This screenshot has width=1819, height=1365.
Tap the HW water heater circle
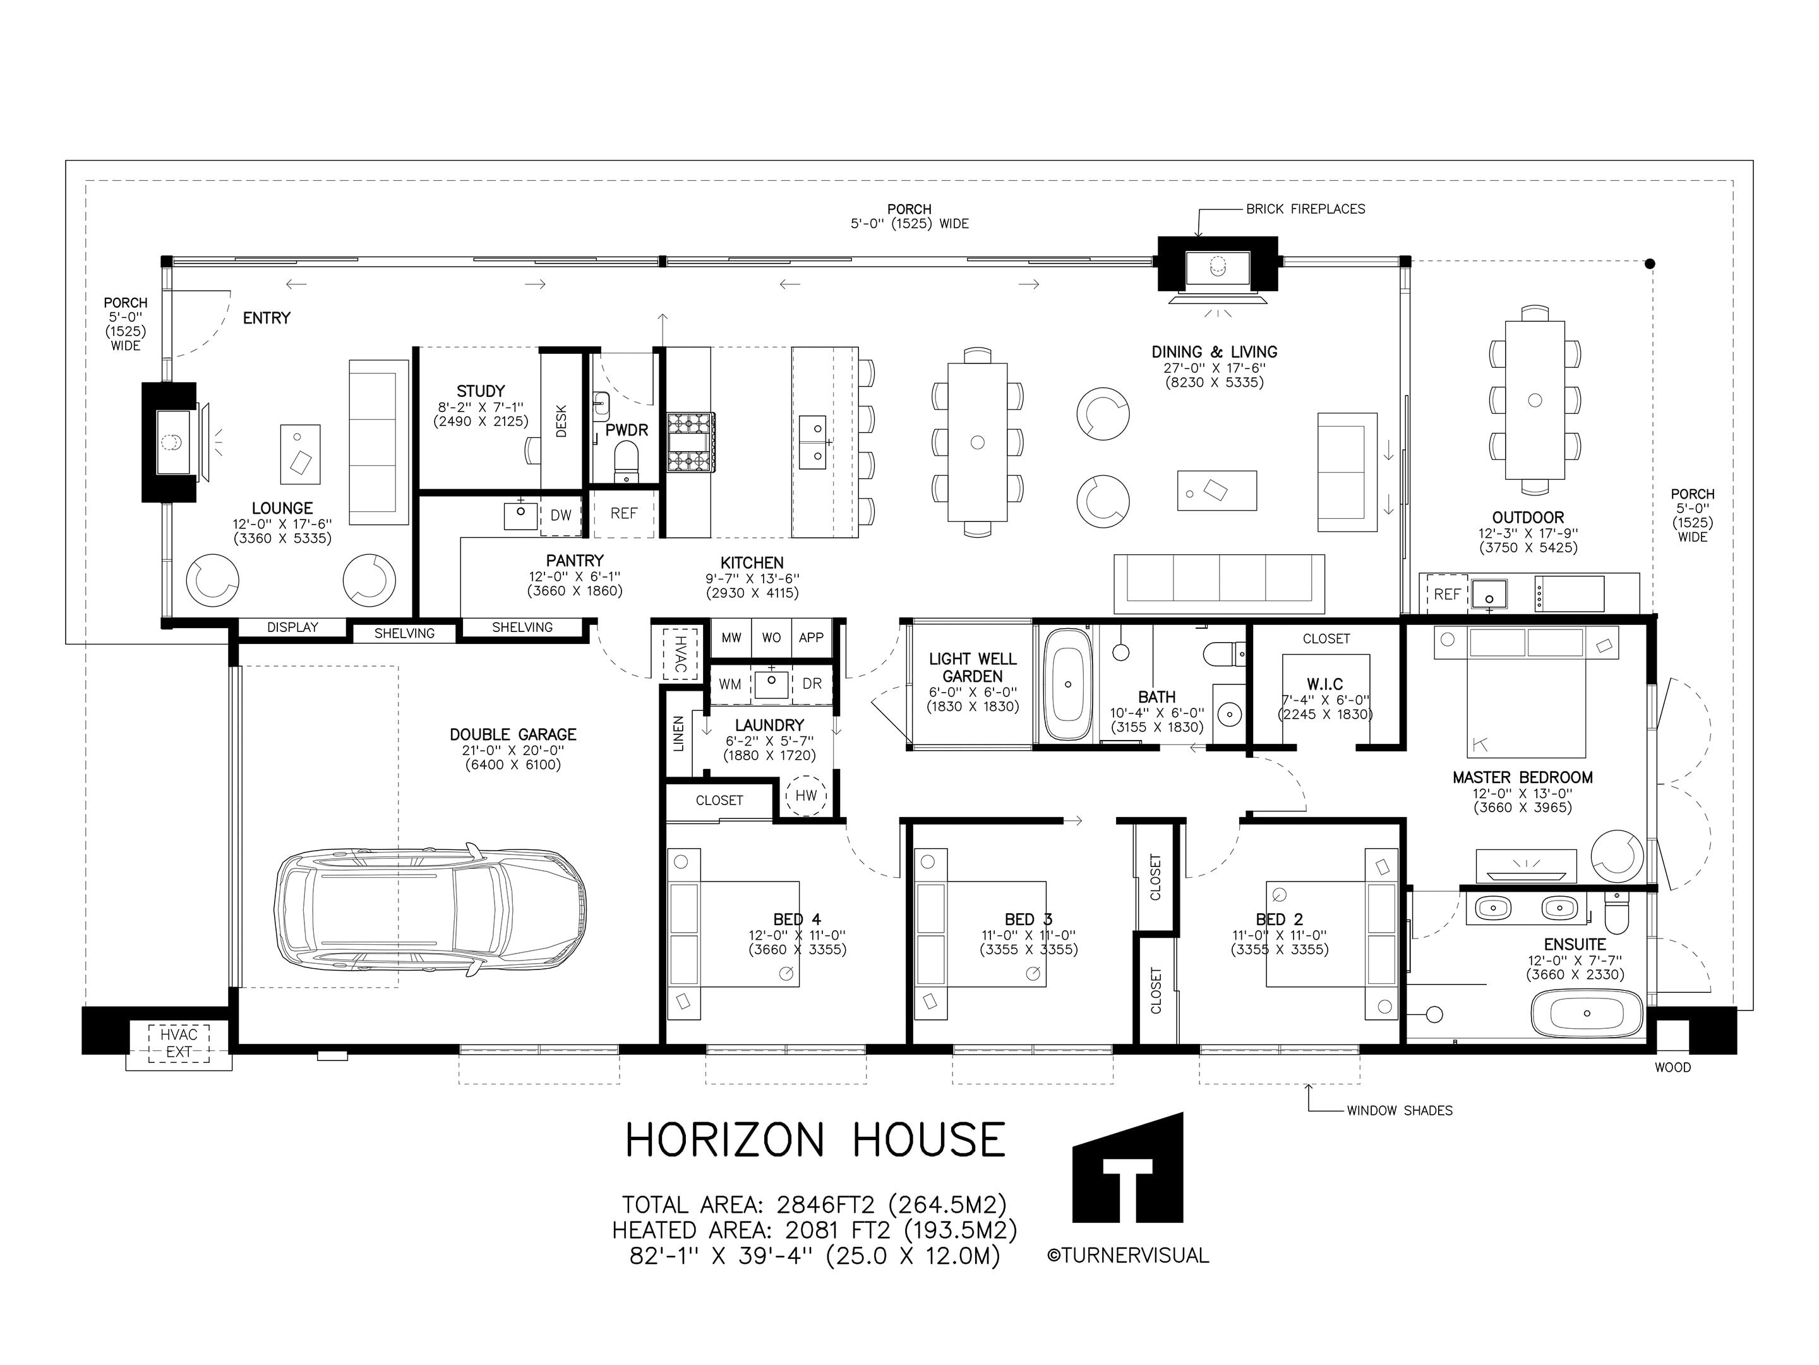coord(806,795)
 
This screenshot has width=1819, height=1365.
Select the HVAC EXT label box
coord(179,1043)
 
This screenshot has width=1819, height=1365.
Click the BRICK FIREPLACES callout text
coord(1305,209)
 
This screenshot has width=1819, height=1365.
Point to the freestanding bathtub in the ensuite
coord(1587,1014)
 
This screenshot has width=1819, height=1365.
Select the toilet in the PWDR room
coord(627,461)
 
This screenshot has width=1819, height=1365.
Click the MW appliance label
coord(731,638)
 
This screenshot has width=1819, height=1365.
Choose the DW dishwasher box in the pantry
coord(561,516)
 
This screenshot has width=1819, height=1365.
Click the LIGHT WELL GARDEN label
coord(972,667)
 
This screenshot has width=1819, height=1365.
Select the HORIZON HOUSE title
coord(815,1141)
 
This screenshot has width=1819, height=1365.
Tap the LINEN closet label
coord(678,733)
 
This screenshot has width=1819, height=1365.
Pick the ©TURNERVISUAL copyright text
coord(1127,1256)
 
